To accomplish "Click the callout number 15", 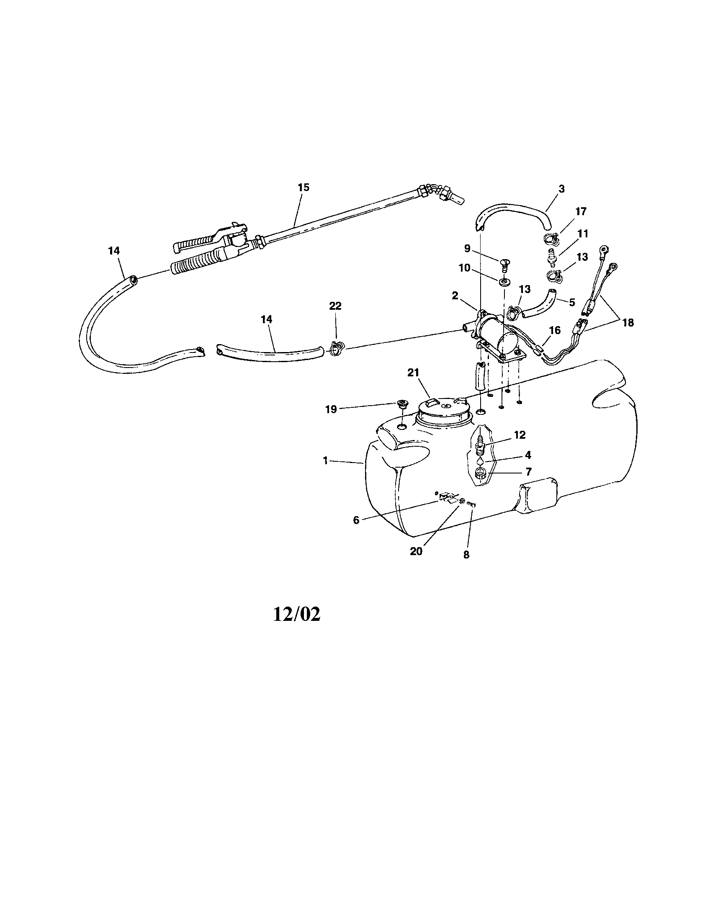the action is [304, 187].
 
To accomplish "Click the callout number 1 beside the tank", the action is [325, 461].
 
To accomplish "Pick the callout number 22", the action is [335, 306].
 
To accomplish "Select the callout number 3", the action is [561, 188].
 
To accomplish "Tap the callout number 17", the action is [581, 211].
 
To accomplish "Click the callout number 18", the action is [628, 323].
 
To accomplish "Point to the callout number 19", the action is [331, 409].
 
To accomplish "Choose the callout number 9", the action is [467, 248].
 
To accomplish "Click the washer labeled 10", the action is [504, 282].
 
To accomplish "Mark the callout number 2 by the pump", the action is [455, 296].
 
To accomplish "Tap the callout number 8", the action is [466, 555].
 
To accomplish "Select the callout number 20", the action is [416, 551].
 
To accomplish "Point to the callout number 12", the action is [520, 435].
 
